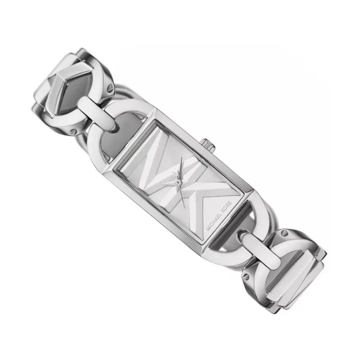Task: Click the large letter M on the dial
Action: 161,166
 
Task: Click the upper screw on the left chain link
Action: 110,88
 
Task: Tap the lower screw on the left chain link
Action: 73,131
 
